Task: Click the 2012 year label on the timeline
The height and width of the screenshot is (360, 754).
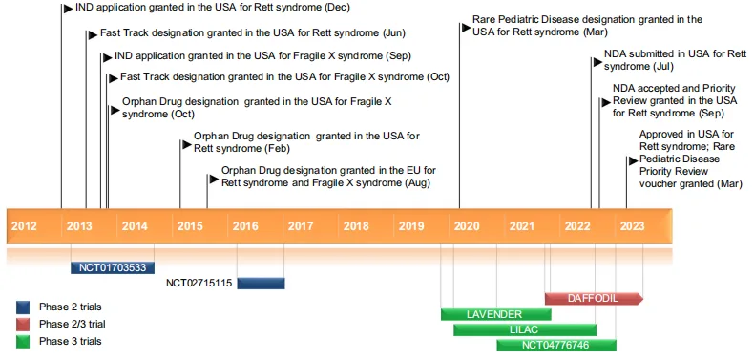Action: [x=24, y=226]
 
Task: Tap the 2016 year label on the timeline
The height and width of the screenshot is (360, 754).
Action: [x=245, y=226]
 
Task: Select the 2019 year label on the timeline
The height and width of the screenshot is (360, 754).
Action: [x=411, y=226]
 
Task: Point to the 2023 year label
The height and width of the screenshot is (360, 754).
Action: [x=632, y=226]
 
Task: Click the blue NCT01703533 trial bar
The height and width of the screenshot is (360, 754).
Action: [x=113, y=268]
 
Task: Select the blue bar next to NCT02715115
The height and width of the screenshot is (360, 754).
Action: [x=261, y=283]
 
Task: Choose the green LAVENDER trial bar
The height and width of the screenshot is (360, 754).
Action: [x=494, y=314]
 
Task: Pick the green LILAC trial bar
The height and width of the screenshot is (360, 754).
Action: [x=524, y=329]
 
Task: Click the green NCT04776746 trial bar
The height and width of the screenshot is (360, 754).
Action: [x=556, y=345]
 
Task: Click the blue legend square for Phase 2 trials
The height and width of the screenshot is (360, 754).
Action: [x=24, y=307]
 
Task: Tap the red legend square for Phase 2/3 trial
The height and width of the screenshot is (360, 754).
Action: [x=24, y=324]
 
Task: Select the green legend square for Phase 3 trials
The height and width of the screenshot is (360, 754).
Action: [x=24, y=341]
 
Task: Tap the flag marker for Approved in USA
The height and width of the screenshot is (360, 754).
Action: [x=632, y=159]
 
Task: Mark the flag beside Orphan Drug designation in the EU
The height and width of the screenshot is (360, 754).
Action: [x=213, y=176]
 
